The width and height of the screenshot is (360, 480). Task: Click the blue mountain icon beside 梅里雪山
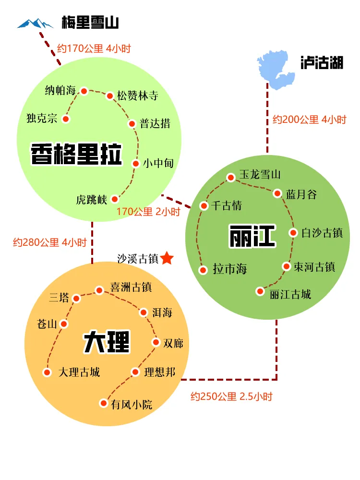point(36,23)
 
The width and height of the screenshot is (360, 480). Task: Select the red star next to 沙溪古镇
point(167,258)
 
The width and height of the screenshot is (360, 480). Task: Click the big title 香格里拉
point(76,154)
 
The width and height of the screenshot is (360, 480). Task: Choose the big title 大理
point(106,342)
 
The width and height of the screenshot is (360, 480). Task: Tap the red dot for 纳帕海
point(84,91)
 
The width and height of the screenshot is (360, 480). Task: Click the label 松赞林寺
point(138,96)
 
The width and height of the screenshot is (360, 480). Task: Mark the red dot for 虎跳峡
point(115,199)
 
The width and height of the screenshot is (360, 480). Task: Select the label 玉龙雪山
point(260,174)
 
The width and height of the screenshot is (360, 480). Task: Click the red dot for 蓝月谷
point(277,193)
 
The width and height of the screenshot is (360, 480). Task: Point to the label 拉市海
point(230,269)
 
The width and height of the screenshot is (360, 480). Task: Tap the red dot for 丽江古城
point(260,291)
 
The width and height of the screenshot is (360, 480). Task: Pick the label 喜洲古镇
point(131,287)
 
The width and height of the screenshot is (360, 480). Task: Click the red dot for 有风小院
point(103,403)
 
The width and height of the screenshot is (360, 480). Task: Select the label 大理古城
point(79,372)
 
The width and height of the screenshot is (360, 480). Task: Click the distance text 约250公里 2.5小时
point(231,396)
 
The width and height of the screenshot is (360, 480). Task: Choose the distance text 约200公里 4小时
point(309,120)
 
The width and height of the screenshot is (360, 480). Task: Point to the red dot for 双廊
point(156,342)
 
